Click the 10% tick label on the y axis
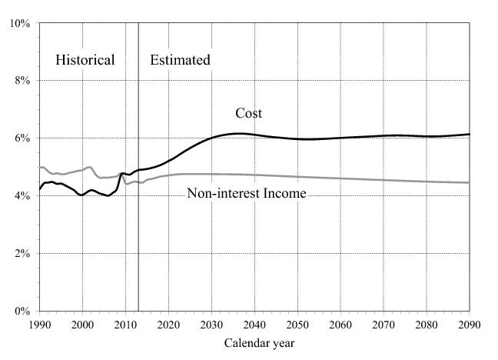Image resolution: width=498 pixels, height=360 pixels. (x=20, y=23)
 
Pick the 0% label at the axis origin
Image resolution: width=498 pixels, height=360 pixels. (x=22, y=312)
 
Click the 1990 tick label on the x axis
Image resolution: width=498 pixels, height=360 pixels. (x=40, y=325)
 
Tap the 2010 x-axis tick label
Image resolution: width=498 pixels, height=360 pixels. (x=125, y=325)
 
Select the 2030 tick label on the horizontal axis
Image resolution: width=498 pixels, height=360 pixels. (x=211, y=325)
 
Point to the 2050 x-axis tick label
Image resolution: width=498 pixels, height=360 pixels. (x=297, y=325)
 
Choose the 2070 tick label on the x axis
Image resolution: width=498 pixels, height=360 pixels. (x=383, y=325)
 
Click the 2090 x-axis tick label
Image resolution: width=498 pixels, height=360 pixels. (x=469, y=325)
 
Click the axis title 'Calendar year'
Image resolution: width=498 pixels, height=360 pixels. (x=259, y=343)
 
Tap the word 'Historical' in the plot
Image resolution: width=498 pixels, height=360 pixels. (x=85, y=60)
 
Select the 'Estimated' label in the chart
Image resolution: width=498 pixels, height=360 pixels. (x=180, y=60)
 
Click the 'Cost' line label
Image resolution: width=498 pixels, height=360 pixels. (x=248, y=114)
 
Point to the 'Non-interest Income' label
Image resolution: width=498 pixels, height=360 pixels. (x=247, y=194)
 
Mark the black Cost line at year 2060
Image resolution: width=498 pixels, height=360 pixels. (x=340, y=138)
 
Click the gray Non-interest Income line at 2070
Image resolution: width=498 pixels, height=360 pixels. (x=383, y=180)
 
